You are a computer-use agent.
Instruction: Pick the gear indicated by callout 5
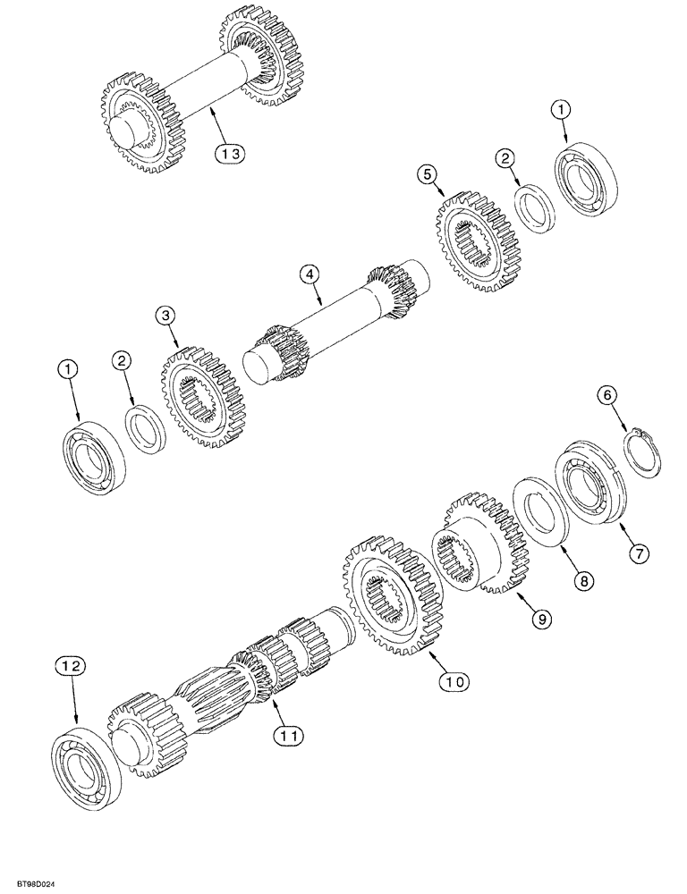coord(479,239)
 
